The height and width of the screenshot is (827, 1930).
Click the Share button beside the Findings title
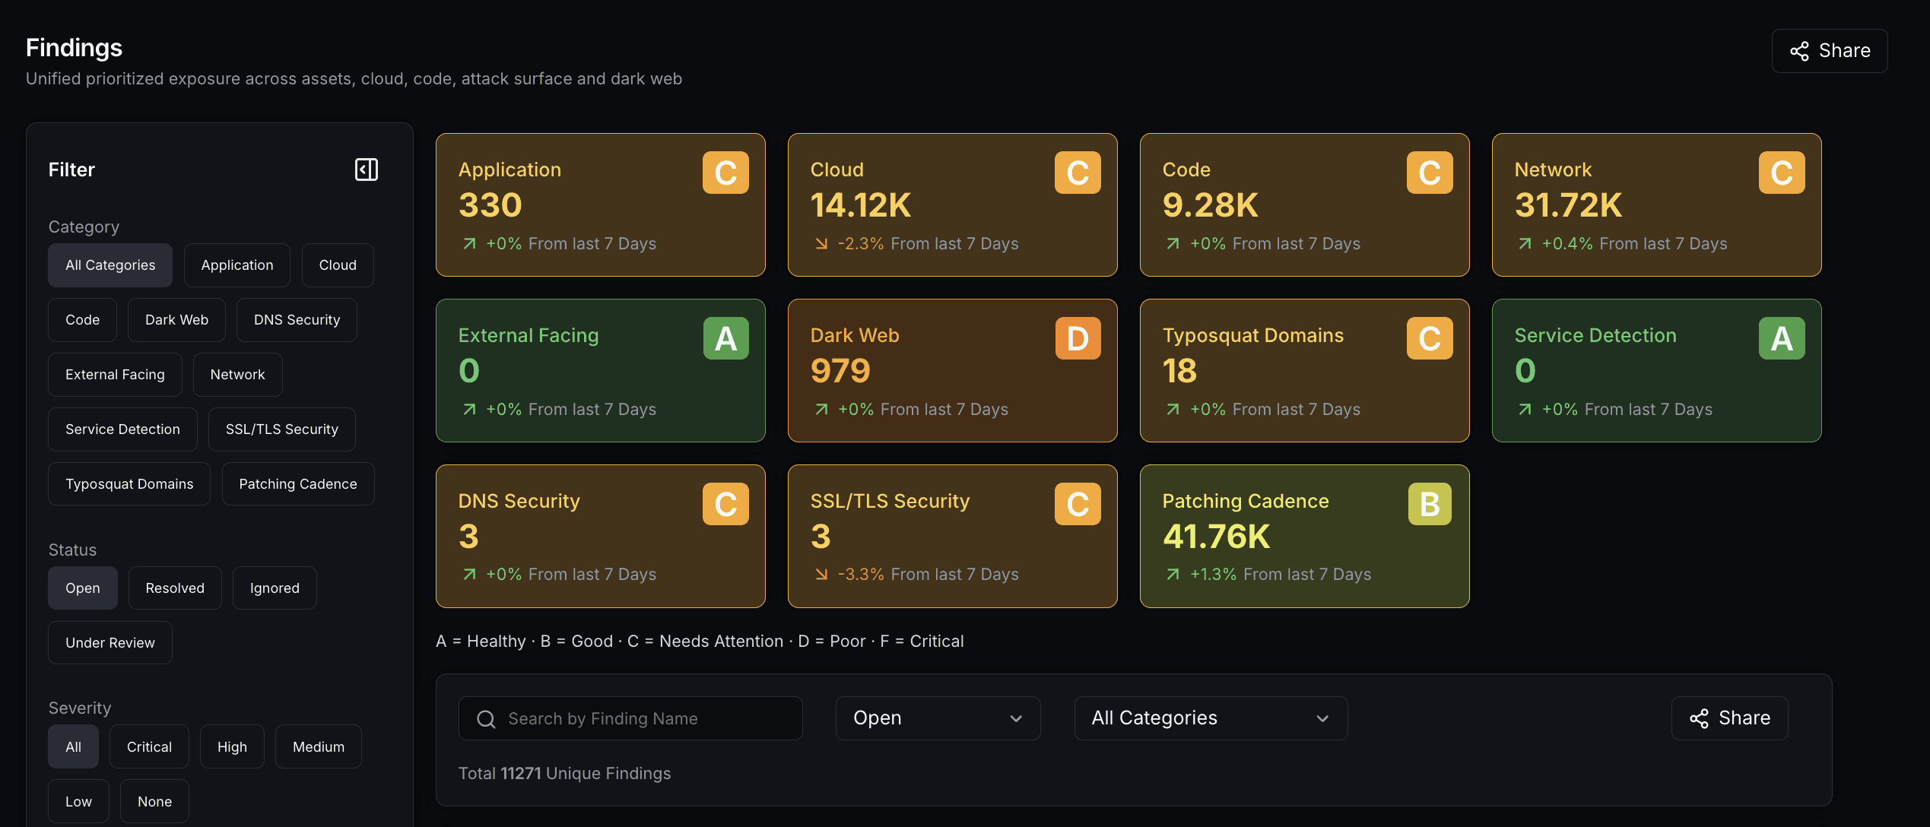[x=1829, y=51]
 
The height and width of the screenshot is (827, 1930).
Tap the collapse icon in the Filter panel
[x=367, y=170]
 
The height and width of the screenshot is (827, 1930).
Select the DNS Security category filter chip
[x=297, y=320]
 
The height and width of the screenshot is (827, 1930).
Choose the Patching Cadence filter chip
[x=298, y=484]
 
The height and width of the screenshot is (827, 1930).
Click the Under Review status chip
[x=110, y=643]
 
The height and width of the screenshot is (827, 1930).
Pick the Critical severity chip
[x=149, y=747]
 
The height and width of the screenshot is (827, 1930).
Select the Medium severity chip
[x=319, y=747]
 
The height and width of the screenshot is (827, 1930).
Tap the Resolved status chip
[x=175, y=588]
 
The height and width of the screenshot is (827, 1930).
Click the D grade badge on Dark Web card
[x=1078, y=338]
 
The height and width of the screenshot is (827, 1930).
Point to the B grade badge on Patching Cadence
[x=1430, y=504]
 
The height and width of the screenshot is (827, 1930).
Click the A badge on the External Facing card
[x=725, y=338]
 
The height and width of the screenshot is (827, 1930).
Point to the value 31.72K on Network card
[x=1568, y=205]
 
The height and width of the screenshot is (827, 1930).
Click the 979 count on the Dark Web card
[x=840, y=371]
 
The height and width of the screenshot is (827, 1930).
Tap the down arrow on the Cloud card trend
[x=821, y=244]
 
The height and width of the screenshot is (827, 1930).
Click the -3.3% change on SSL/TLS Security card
[x=861, y=575]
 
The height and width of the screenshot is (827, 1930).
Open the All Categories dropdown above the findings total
[x=1211, y=718]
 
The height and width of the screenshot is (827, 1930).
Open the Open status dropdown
[x=938, y=718]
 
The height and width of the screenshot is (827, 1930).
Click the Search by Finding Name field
[x=630, y=718]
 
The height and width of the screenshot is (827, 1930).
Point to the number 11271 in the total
[x=521, y=774]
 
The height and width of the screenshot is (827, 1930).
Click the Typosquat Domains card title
[x=1253, y=336]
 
